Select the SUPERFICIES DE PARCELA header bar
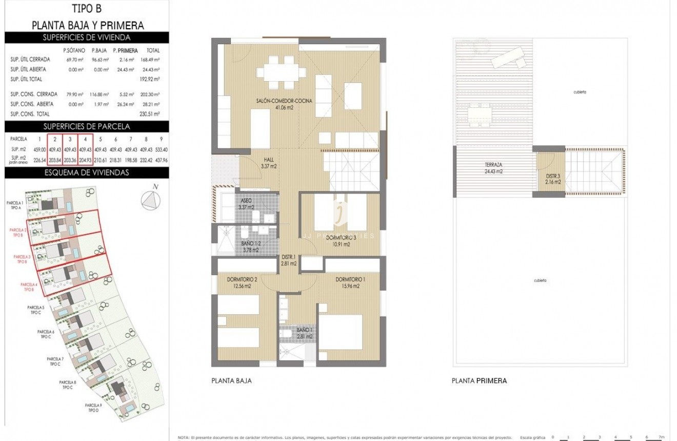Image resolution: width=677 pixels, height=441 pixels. click(x=87, y=126)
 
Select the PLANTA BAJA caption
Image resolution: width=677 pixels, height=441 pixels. click(x=231, y=381)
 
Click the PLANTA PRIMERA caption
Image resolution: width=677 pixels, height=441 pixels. click(x=479, y=381)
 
